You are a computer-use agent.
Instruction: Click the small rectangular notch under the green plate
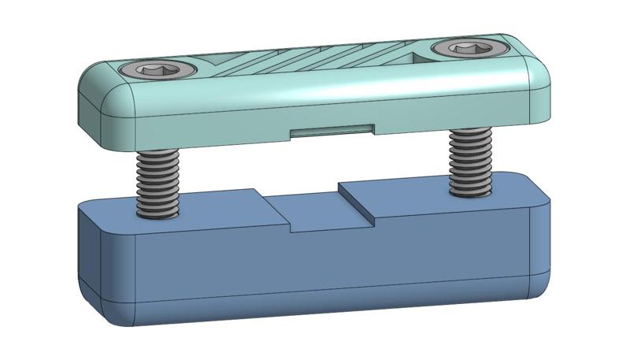coord(331,130)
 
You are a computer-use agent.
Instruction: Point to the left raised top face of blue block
coord(197,206)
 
